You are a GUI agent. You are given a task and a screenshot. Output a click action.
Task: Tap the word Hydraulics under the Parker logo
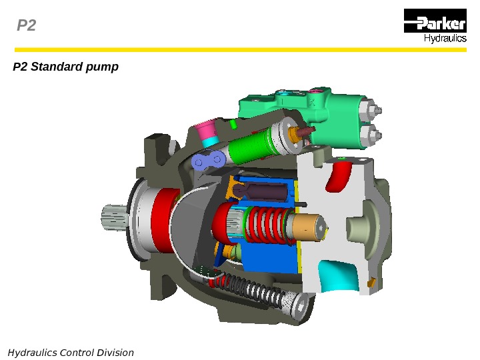tap(445, 39)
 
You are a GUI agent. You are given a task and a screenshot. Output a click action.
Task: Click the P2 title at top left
tap(26, 26)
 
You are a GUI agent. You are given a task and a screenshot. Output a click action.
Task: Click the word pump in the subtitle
tap(105, 67)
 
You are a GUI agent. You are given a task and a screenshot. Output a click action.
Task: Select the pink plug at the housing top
tap(206, 127)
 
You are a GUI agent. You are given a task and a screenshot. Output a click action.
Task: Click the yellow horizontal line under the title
tap(240, 49)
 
